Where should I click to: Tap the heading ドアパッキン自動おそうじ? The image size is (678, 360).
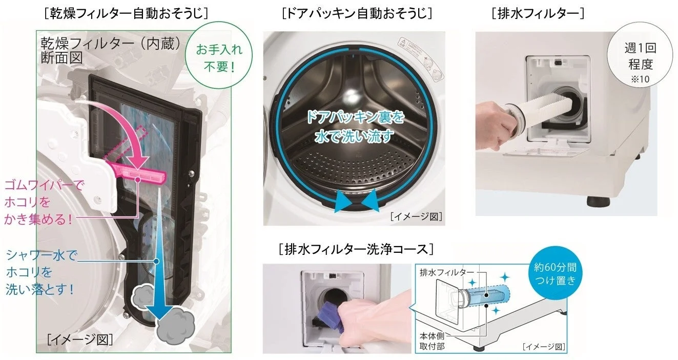[x=356, y=13]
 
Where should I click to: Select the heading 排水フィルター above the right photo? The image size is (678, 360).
[x=538, y=13]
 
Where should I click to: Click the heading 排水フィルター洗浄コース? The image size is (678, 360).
[x=356, y=249]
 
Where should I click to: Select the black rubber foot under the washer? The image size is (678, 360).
[x=594, y=200]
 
